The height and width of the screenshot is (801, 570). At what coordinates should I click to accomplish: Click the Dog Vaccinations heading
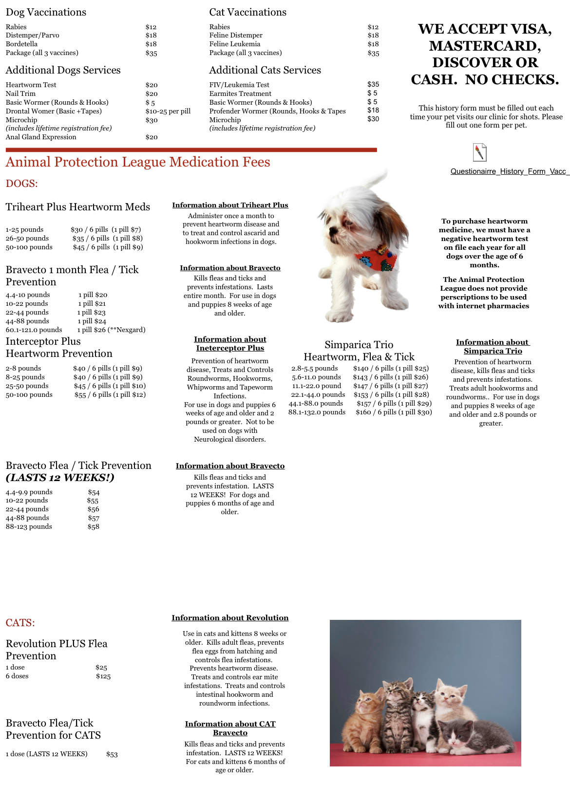tap(46, 12)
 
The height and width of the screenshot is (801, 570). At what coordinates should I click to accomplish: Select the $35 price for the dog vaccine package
tap(151, 53)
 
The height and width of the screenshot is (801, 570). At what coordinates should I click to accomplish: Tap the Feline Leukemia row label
tap(234, 44)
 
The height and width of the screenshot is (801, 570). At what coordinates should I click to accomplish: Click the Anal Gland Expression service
tap(41, 137)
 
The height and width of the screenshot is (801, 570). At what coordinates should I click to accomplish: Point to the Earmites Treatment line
tap(240, 93)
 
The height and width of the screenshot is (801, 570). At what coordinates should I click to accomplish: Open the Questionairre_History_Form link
tap(509, 171)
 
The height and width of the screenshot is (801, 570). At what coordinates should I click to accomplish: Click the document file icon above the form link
tap(479, 152)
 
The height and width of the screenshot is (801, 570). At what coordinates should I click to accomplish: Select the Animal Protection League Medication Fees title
tap(138, 162)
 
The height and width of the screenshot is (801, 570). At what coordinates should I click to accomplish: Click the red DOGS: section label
tap(22, 184)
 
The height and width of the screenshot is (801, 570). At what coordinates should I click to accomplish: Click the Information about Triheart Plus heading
tap(230, 205)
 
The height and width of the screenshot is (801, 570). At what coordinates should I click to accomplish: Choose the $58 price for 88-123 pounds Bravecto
tap(94, 527)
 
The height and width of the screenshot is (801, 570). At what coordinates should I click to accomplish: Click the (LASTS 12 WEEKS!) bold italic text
tap(60, 478)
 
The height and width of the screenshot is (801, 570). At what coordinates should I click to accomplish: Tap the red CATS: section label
tap(20, 623)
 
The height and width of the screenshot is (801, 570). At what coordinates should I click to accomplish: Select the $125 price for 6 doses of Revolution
tap(103, 676)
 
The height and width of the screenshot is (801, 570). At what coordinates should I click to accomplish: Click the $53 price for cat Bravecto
tap(112, 754)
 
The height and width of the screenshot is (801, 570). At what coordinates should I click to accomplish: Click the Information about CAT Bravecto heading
tap(230, 728)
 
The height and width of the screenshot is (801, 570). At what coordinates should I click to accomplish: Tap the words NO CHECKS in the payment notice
tap(512, 79)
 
